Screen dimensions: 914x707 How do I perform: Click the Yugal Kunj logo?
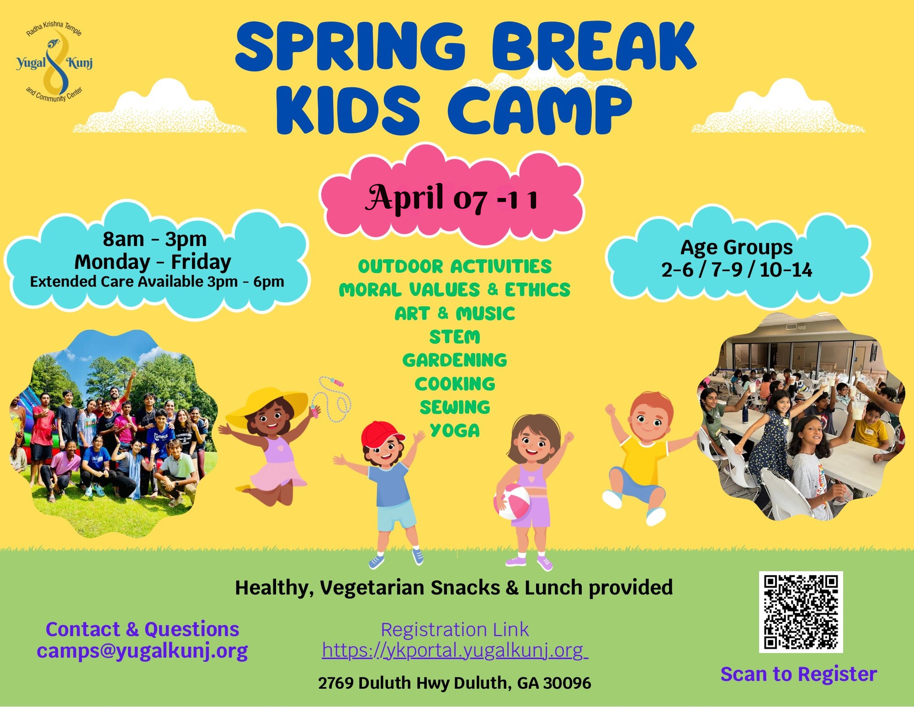pos(54,61)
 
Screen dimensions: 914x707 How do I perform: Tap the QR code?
pos(801,612)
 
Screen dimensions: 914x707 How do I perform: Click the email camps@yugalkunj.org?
pos(142,650)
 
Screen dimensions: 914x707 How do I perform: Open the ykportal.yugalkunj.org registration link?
pos(455,650)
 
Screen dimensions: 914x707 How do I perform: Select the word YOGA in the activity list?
pos(455,430)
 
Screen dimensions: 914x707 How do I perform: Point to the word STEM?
pos(455,337)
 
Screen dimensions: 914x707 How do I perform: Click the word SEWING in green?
pos(455,407)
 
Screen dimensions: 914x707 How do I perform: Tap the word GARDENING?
pos(455,360)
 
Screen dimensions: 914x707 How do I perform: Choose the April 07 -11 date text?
pos(452,198)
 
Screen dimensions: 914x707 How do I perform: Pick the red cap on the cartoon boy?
pos(382,434)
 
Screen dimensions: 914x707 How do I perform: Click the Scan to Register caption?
pos(798,674)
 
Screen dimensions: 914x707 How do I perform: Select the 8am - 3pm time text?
pos(154,239)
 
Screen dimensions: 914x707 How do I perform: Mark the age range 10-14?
pos(786,270)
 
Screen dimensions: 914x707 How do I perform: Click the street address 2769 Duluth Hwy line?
pos(454,683)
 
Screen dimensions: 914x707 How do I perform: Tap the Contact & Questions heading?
pos(142,629)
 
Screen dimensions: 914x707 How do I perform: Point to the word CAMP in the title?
pos(539,110)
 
